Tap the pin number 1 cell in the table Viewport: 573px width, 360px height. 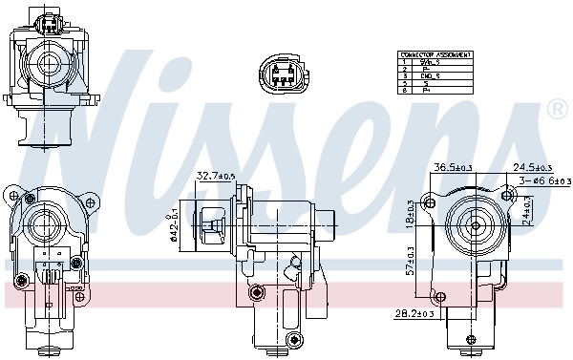tap(405, 62)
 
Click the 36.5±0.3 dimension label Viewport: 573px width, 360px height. tap(454, 166)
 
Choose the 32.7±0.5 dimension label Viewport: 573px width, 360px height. tap(216, 176)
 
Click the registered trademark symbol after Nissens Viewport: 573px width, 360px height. tap(557, 111)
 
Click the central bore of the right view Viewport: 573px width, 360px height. tap(474, 227)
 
